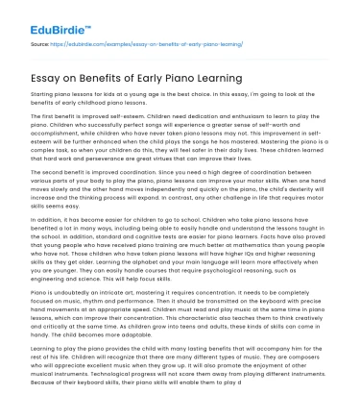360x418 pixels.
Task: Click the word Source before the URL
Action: [40, 44]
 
